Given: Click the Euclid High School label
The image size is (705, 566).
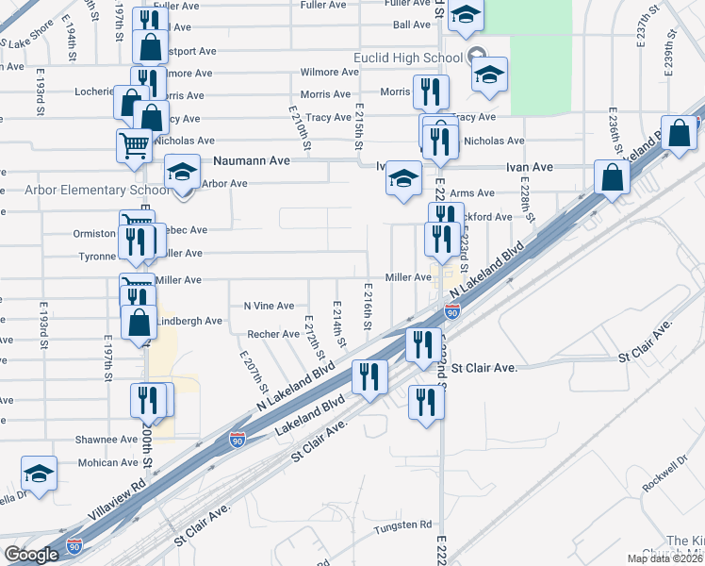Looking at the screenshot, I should (x=408, y=58).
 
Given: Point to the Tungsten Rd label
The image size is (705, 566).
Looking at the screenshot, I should (x=407, y=524).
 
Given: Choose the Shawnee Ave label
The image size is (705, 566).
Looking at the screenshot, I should (x=107, y=440).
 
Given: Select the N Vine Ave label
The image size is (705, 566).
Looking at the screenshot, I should (x=269, y=306).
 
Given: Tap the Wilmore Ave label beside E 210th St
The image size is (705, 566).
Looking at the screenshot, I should (x=325, y=72).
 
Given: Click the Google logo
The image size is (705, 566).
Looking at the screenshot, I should (x=31, y=555).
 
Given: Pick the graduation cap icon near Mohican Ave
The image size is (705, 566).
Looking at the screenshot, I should (x=40, y=473).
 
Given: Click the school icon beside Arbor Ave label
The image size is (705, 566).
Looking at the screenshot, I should (x=183, y=172).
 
